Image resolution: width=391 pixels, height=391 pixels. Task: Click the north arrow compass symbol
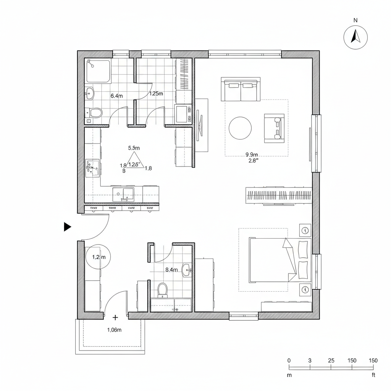355,37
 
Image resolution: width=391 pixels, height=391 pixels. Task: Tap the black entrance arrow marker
67,227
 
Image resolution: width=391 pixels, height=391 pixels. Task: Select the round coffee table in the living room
240,128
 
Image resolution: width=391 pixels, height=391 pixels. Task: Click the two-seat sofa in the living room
241,89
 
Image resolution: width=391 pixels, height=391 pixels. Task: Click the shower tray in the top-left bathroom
98,71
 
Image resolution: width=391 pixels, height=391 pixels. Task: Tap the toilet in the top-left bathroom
95,113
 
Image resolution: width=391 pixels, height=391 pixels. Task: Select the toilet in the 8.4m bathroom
163,290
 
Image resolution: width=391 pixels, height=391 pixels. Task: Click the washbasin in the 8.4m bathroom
187,270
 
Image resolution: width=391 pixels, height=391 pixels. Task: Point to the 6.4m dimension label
116,96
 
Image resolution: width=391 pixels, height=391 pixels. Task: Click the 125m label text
156,93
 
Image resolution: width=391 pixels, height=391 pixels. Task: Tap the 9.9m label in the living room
252,155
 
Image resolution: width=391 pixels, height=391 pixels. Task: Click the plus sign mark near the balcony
115,317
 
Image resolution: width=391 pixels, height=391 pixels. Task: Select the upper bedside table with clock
305,230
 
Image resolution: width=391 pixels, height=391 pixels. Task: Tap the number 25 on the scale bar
331,360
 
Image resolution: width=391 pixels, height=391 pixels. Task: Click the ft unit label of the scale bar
373,375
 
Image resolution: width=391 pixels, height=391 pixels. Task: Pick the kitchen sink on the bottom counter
123,194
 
